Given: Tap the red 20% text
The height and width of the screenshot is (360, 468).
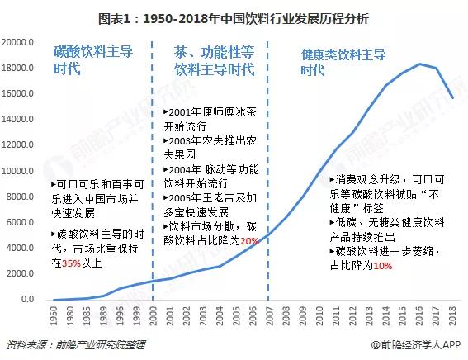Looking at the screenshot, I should point(251,239).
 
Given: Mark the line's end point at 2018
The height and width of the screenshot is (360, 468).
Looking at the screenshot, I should point(451,97).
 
